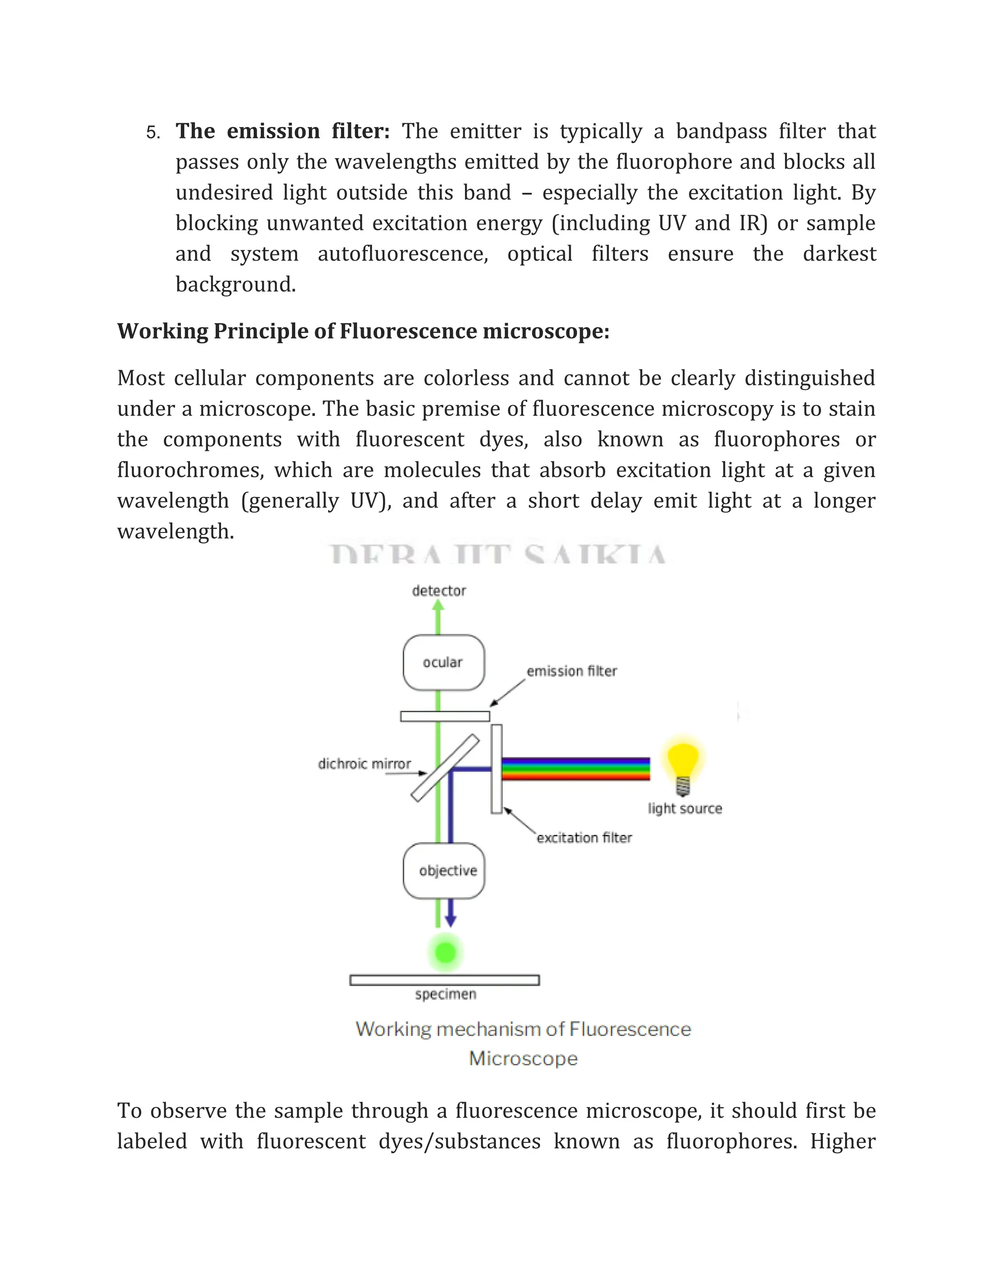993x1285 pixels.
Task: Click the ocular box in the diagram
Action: click(x=444, y=662)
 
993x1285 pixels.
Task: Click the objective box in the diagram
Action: click(x=444, y=871)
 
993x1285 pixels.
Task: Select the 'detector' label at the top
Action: click(x=439, y=591)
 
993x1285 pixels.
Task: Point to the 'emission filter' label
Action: click(x=571, y=671)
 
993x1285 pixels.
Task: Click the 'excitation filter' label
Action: click(x=584, y=838)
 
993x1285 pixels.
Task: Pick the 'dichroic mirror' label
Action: click(x=364, y=764)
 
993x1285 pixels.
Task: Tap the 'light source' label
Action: click(x=685, y=808)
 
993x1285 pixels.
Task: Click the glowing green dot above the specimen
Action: click(x=445, y=952)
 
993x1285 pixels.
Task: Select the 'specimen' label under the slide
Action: click(x=445, y=995)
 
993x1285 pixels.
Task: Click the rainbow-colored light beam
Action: click(x=576, y=769)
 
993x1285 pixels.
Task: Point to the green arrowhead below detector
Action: click(x=438, y=607)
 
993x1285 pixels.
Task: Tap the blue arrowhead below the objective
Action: click(x=450, y=921)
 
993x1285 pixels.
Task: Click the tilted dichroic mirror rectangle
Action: click(x=445, y=768)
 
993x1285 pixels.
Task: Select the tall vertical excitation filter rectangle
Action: click(x=496, y=769)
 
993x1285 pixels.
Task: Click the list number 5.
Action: click(x=152, y=133)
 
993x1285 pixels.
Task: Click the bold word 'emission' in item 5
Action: click(x=273, y=130)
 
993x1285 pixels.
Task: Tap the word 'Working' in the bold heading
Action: click(x=162, y=331)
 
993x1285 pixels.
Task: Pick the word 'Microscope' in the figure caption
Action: click(x=523, y=1059)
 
